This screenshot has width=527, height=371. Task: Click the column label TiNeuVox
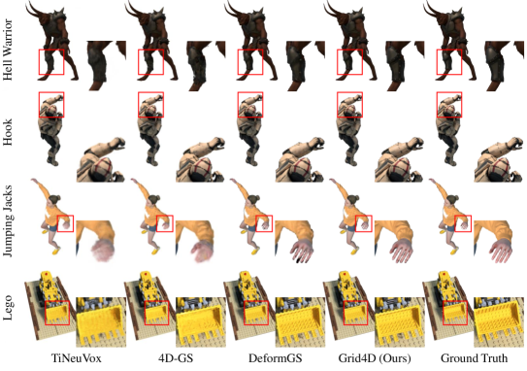pyautogui.click(x=77, y=358)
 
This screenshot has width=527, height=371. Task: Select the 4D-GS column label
pyautogui.click(x=176, y=358)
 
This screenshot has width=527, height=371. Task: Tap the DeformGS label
pyautogui.click(x=275, y=358)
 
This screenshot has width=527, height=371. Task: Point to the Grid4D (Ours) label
pyautogui.click(x=375, y=358)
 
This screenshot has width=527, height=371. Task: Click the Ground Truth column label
pyautogui.click(x=474, y=358)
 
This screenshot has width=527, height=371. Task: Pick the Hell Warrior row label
pyautogui.click(x=8, y=50)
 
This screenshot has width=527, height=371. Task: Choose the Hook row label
pyautogui.click(x=8, y=132)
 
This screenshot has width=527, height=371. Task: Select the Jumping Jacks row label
pyautogui.click(x=8, y=221)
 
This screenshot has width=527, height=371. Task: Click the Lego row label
pyautogui.click(x=8, y=308)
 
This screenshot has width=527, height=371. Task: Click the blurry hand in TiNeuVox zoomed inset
pyautogui.click(x=102, y=251)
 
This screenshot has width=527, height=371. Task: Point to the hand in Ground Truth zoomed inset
pyautogui.click(x=500, y=251)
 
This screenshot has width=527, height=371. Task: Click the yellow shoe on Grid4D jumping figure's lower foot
pyautogui.click(x=355, y=251)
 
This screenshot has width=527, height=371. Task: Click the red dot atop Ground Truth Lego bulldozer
pyautogui.click(x=445, y=275)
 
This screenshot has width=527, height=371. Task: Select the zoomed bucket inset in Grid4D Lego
pyautogui.click(x=400, y=321)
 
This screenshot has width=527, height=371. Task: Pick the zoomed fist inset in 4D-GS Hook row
pyautogui.click(x=200, y=159)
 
